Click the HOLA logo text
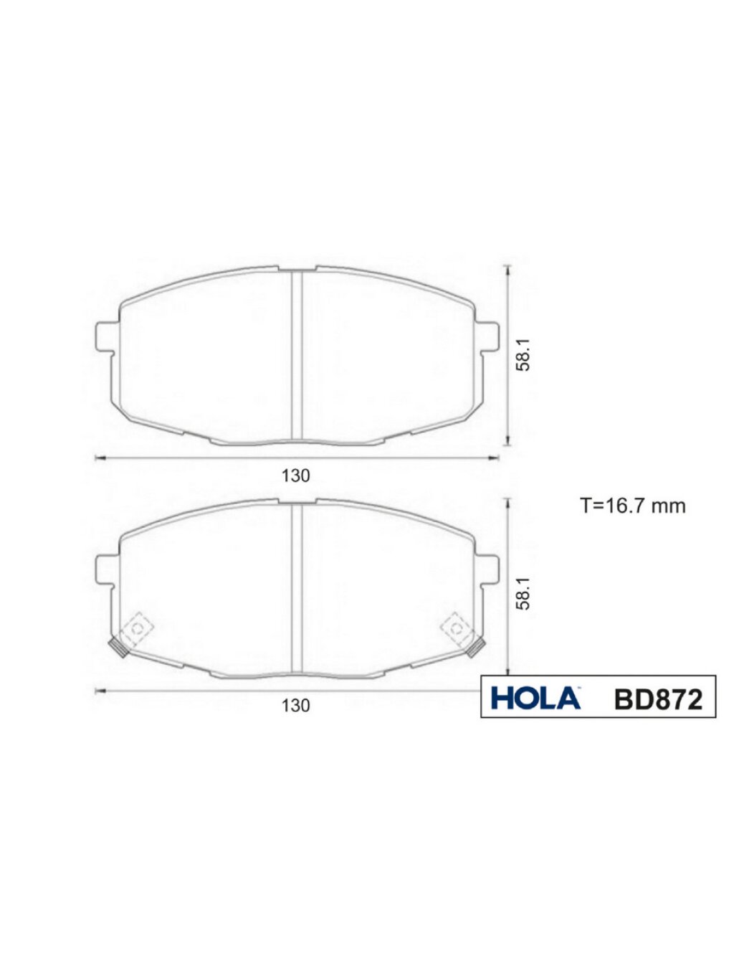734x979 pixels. tap(535, 698)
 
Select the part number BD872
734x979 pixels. tap(658, 699)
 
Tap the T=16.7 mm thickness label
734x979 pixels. tap(632, 506)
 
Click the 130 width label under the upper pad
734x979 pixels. tap(295, 476)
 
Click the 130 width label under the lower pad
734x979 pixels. tap(295, 706)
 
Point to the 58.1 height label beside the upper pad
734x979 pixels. tap(525, 355)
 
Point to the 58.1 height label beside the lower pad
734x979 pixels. tap(525, 594)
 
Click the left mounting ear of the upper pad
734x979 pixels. tap(105, 336)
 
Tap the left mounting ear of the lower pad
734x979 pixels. tap(105, 569)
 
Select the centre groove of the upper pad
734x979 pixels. tap(297, 355)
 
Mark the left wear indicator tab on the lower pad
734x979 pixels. tap(118, 648)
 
